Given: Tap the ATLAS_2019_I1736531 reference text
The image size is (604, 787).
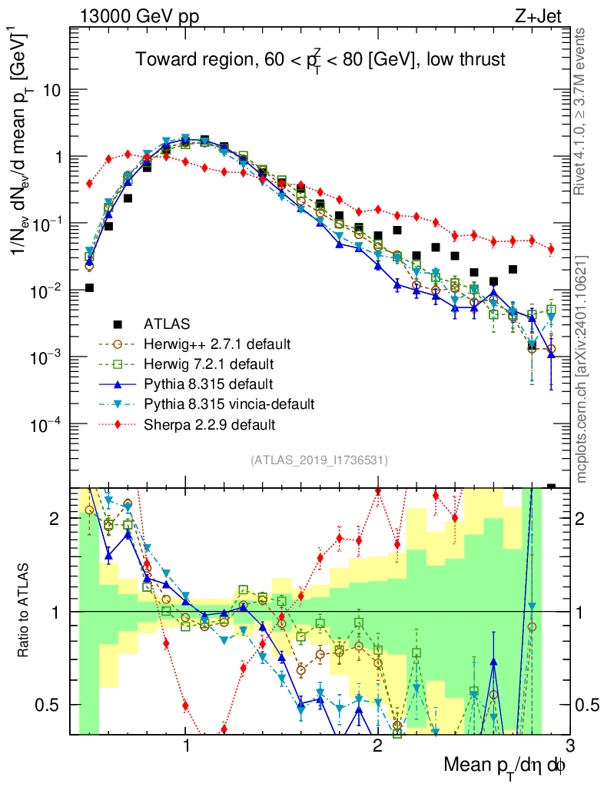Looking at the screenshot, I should (319, 460).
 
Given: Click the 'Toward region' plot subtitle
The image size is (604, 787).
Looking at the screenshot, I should (320, 60).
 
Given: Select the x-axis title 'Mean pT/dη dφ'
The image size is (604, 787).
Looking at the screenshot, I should (506, 765).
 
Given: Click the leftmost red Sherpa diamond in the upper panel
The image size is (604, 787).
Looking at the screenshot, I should (90, 184).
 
